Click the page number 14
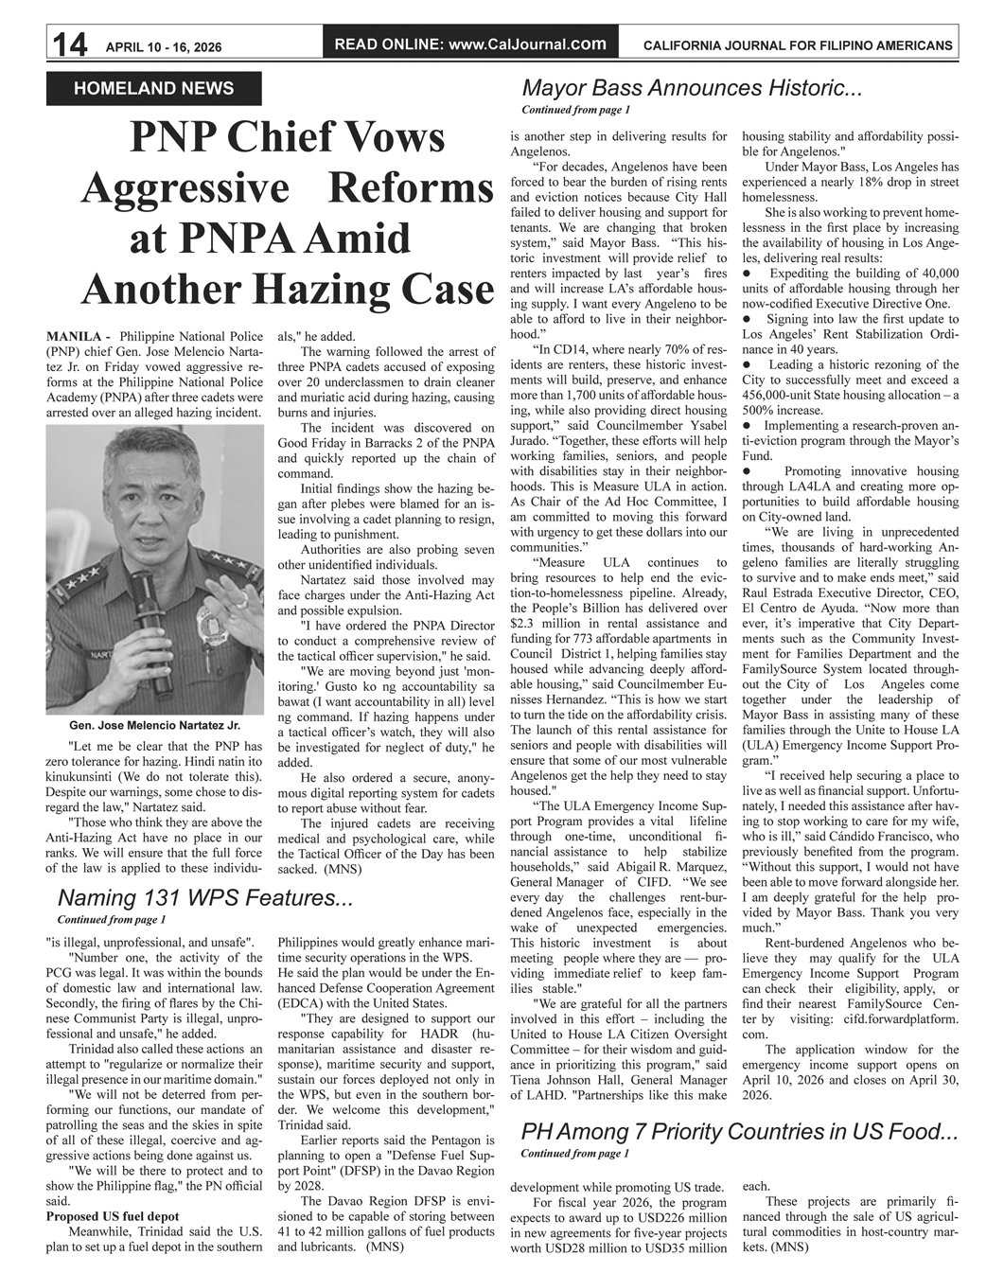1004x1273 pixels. pos(69,44)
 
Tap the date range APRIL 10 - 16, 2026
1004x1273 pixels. pos(164,46)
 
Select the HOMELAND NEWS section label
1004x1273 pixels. pos(153,89)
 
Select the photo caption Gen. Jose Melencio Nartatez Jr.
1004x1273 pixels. pos(154,725)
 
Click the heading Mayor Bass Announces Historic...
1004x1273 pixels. pos(692,89)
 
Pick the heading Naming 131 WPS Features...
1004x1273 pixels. pos(205,898)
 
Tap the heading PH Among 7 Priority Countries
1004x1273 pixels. pos(738,1132)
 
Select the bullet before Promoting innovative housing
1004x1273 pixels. pos(747,470)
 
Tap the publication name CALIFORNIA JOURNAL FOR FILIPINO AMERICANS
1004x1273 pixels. pos(797,45)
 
